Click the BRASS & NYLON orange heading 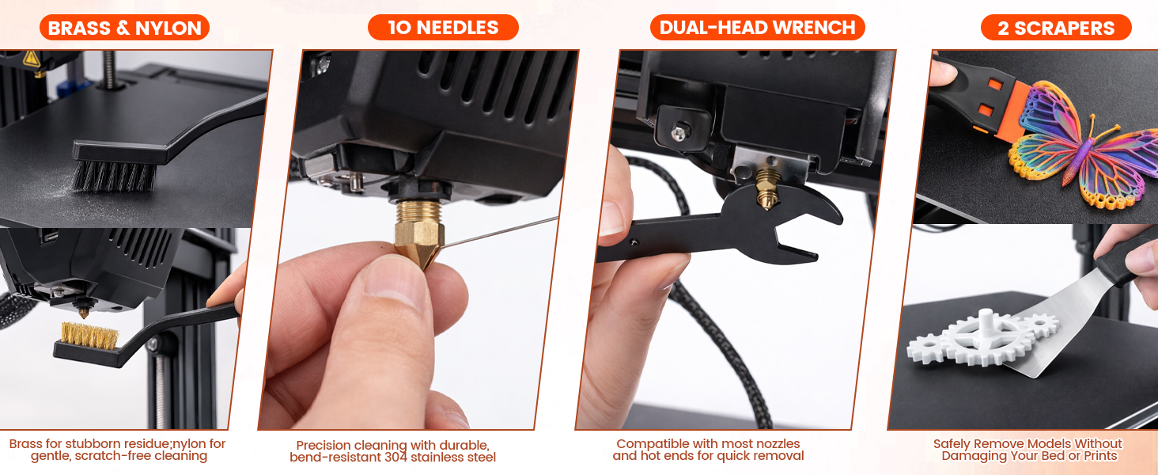point(124,28)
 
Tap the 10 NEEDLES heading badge point(443,28)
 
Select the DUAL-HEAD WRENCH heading point(757,28)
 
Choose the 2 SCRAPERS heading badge point(1055,28)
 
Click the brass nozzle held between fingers point(418,238)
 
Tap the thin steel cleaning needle point(506,231)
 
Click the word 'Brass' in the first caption point(25,444)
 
